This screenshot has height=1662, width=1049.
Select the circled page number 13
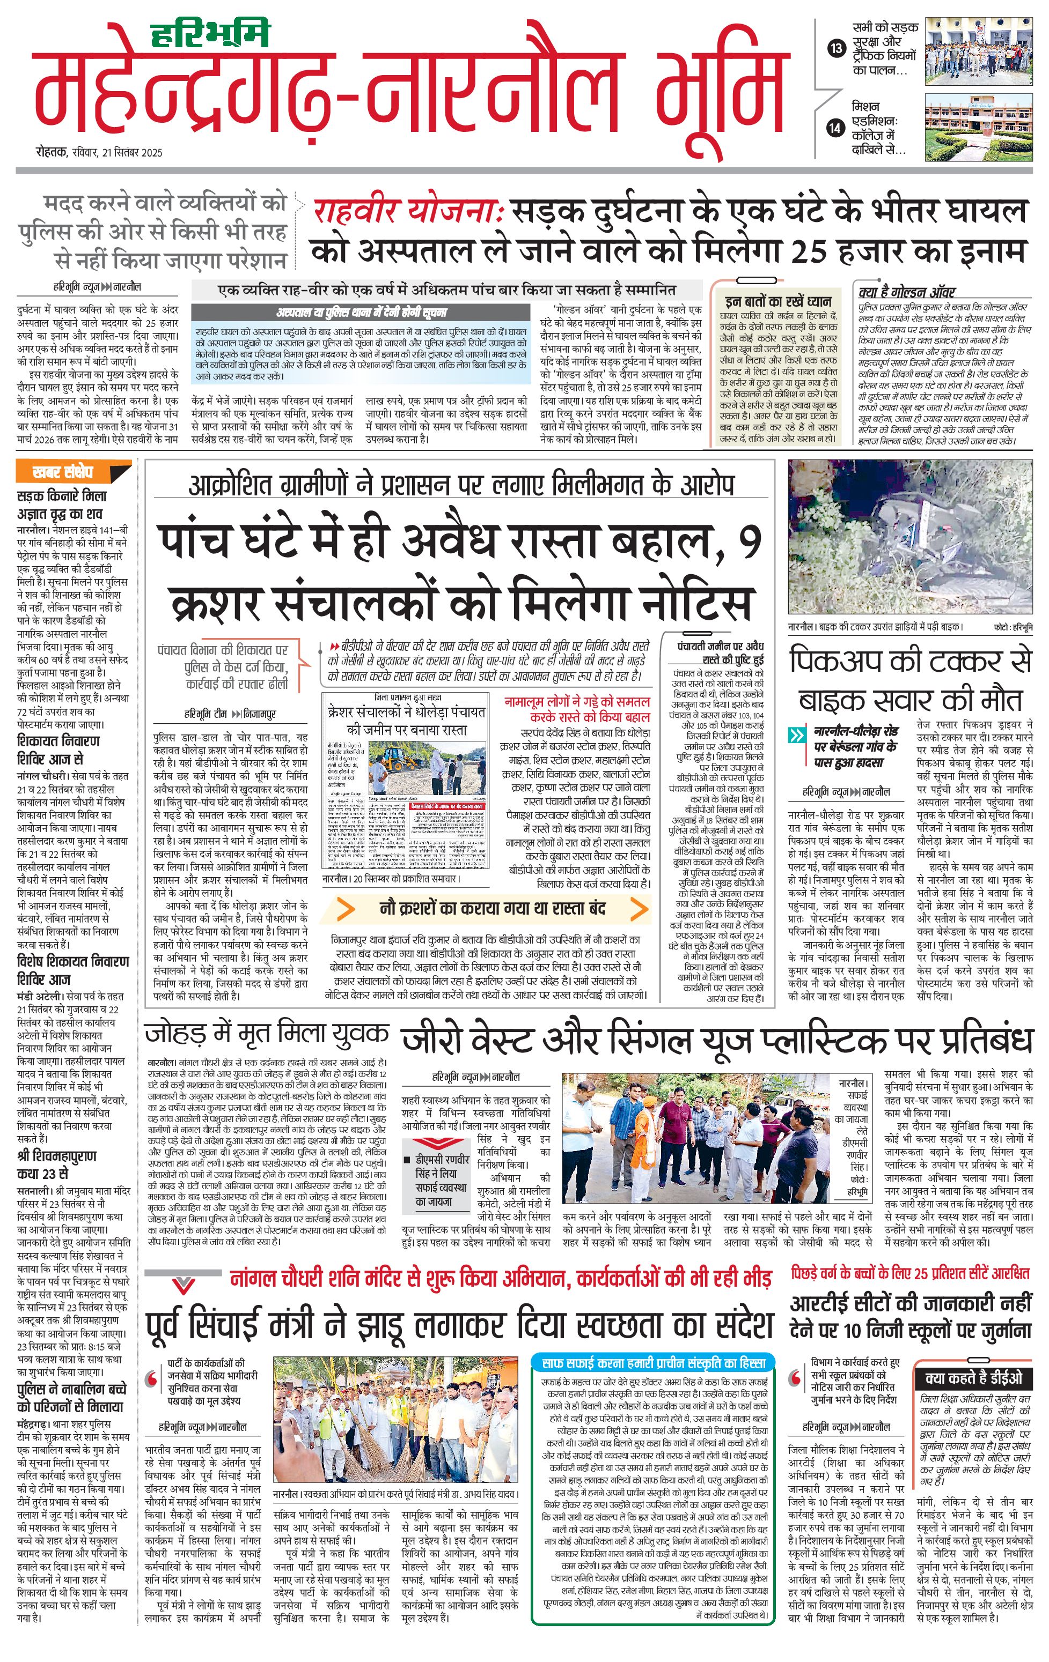(837, 48)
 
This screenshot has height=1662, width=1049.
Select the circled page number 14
(837, 128)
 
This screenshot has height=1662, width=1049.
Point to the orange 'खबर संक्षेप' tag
(63, 472)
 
